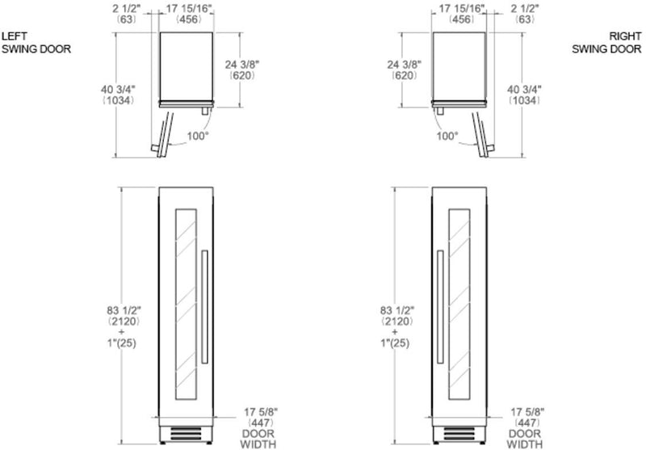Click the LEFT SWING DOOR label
coord(36,43)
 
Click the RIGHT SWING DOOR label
coord(606,43)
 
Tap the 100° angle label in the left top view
coord(198,136)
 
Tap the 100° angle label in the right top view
coord(447,136)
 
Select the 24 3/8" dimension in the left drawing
coord(242,65)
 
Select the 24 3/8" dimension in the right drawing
coord(405,65)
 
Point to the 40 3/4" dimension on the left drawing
coord(118,89)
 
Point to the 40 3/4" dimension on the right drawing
coord(524,89)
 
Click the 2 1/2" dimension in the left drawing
coord(127,8)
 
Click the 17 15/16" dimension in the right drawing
coord(462,8)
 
